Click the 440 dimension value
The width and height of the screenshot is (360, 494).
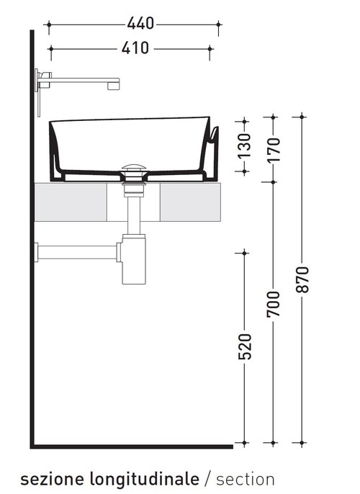(x=141, y=24)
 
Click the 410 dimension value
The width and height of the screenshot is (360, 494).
(x=136, y=48)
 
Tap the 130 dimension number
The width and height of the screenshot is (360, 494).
(x=245, y=147)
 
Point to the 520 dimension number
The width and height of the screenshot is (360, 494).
(x=245, y=346)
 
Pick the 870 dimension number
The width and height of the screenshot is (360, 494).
(x=302, y=280)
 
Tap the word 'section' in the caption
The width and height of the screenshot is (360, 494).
(x=246, y=479)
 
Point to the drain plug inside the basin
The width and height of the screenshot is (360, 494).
(x=133, y=169)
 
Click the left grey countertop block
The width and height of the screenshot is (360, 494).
(x=71, y=202)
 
